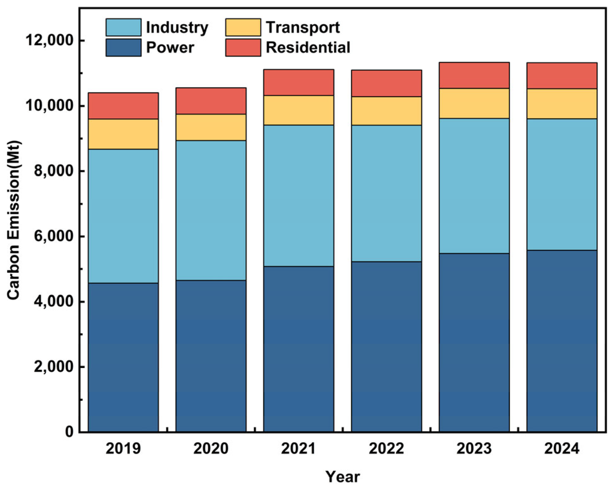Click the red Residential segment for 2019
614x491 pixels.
tap(123, 106)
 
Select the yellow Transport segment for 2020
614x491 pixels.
tap(211, 127)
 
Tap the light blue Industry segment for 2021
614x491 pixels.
tap(298, 196)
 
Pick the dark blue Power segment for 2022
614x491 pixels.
tap(386, 347)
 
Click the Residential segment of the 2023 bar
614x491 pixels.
tap(474, 75)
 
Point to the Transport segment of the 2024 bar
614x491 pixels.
tap(562, 104)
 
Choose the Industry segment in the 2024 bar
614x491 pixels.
tap(562, 184)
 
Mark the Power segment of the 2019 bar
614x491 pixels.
tap(123, 357)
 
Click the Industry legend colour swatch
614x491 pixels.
tap(123, 27)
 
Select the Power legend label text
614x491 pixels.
tap(170, 48)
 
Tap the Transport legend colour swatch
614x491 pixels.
tap(243, 27)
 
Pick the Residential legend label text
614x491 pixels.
tap(308, 48)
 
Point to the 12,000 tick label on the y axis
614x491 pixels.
tap(49, 40)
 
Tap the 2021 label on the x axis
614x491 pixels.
tap(298, 448)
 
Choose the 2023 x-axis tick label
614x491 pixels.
tap(474, 448)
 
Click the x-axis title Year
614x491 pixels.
tap(343, 477)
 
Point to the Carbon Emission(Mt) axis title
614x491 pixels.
tap(13, 220)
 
